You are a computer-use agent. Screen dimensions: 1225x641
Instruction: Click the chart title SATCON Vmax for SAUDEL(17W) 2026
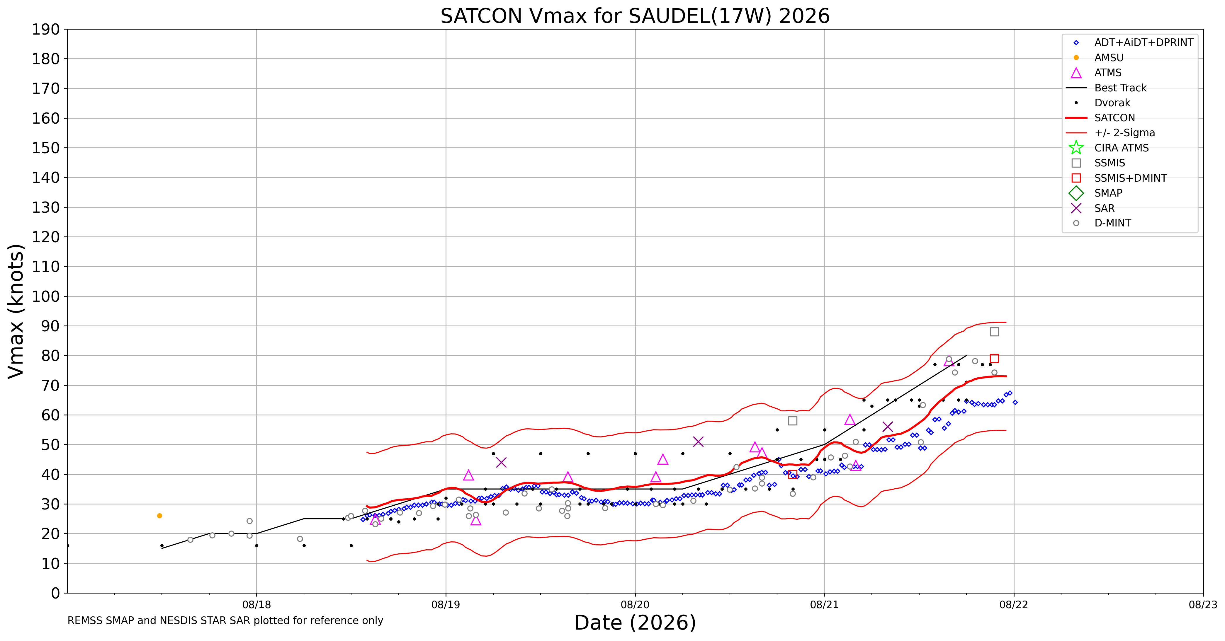[635, 16]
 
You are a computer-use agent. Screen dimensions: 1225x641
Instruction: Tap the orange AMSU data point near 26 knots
[159, 516]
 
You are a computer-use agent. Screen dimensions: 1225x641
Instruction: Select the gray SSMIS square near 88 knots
[994, 332]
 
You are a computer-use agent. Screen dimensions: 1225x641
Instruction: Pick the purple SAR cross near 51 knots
[698, 441]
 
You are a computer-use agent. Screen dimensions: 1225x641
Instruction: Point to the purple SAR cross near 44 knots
[501, 462]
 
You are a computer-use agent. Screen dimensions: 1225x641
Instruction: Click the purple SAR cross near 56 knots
[887, 427]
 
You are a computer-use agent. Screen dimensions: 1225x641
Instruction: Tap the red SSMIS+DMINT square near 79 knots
[994, 358]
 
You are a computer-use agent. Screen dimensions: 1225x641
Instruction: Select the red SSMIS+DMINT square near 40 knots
[792, 474]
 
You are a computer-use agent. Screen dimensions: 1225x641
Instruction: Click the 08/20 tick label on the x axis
[635, 605]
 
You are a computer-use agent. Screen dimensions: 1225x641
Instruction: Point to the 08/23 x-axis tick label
[1203, 605]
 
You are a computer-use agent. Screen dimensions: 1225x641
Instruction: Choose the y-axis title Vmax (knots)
[16, 311]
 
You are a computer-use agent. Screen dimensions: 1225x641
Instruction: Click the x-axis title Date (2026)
[635, 623]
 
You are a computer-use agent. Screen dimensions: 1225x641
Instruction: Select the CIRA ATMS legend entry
[1108, 148]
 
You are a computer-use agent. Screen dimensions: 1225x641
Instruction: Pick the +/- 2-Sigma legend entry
[1110, 133]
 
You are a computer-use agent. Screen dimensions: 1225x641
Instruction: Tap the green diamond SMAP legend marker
[1076, 193]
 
